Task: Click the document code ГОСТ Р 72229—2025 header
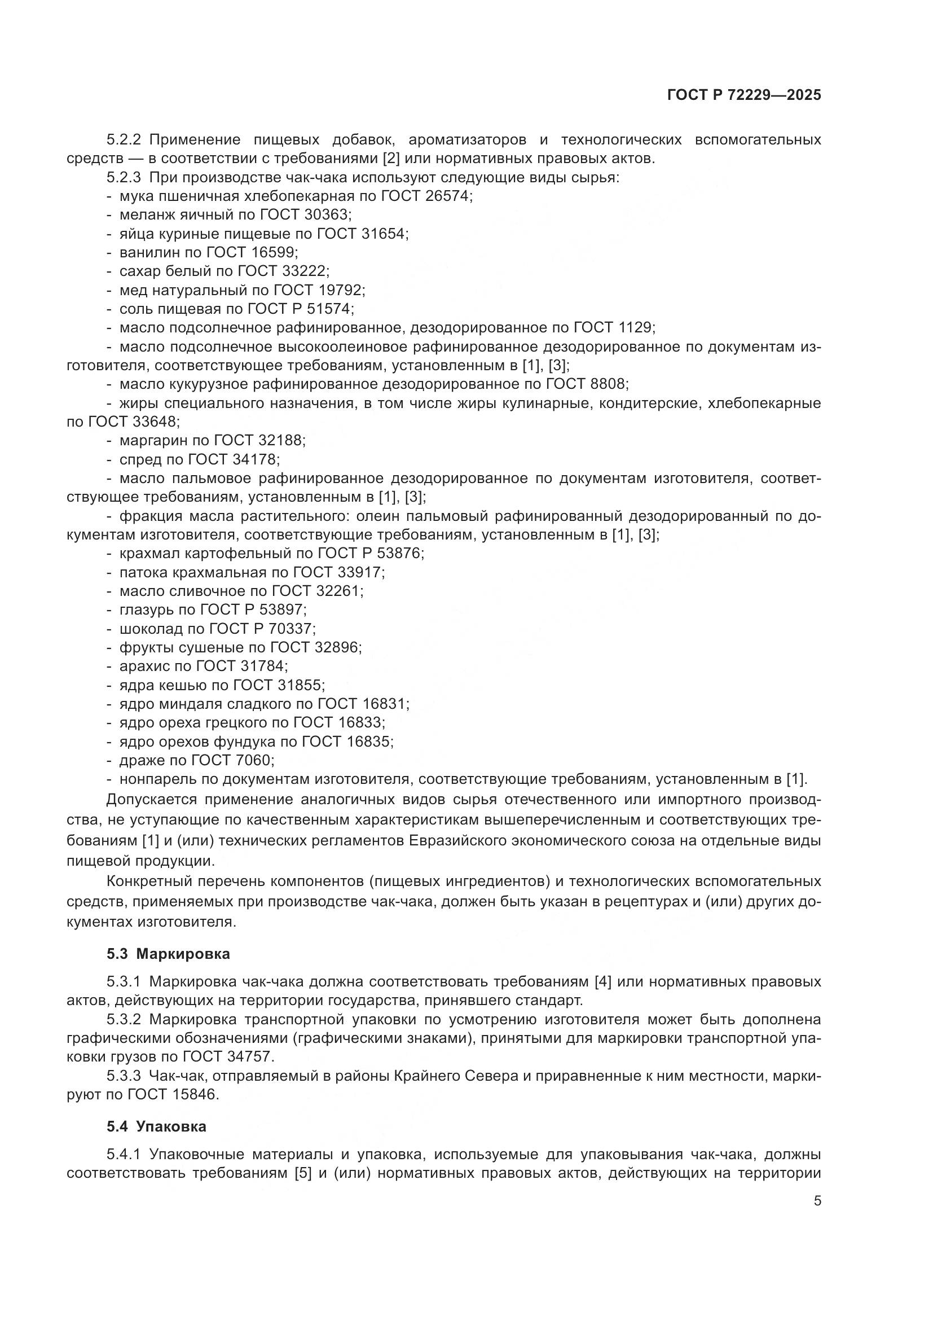(x=744, y=95)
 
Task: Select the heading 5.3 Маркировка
(x=168, y=954)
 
